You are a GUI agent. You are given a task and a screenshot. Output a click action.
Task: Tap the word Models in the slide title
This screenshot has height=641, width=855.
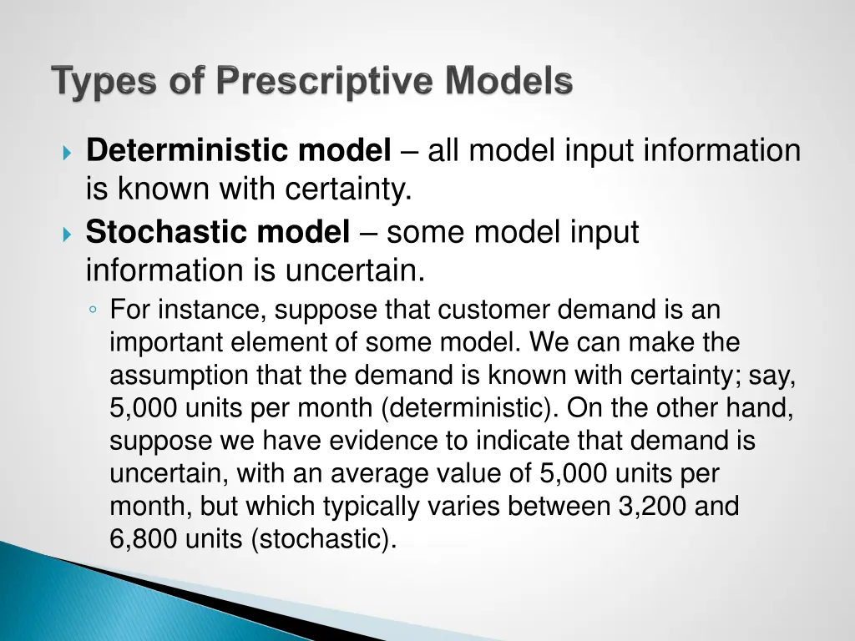(x=508, y=83)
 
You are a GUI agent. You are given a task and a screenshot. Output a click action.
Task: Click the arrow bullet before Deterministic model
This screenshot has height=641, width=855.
(x=68, y=154)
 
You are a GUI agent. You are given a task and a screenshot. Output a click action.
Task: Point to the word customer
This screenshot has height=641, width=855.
(x=494, y=310)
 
